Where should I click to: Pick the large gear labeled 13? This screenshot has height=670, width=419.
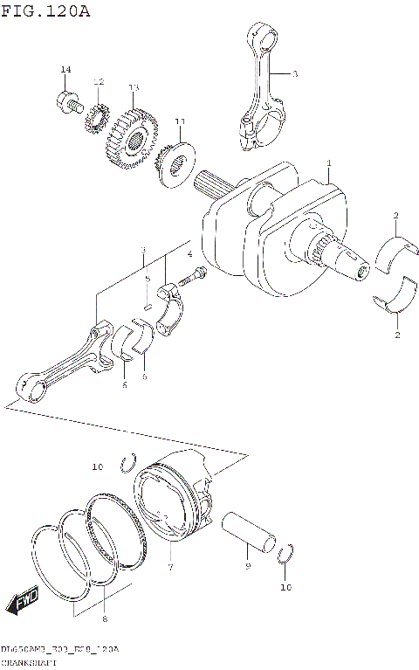131,135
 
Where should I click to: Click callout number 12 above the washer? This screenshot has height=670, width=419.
98,81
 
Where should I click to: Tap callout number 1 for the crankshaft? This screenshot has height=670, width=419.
328,163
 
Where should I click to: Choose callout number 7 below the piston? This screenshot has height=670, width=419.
170,568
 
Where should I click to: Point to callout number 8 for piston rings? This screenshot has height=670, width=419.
106,619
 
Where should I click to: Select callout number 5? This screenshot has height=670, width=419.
148,280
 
